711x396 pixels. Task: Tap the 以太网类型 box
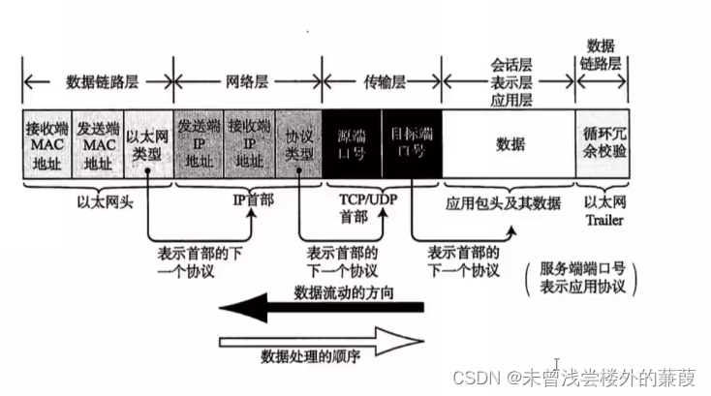(x=148, y=144)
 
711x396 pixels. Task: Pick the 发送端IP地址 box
(x=199, y=144)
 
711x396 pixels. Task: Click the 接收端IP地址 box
(x=249, y=144)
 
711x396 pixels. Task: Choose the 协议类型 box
(x=298, y=144)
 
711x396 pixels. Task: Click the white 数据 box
(x=510, y=144)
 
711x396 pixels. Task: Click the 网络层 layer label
(x=249, y=81)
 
